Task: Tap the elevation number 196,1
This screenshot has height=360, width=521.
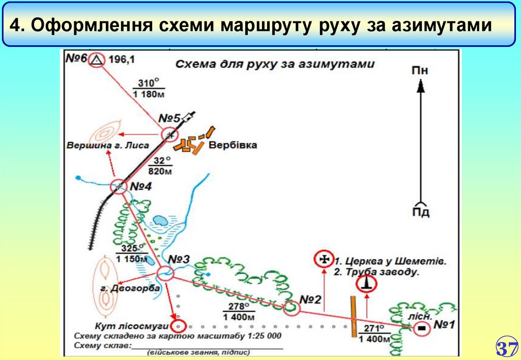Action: tap(121, 60)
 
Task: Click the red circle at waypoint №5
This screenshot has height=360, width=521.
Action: tap(169, 135)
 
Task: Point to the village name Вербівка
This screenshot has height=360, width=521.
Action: tap(233, 145)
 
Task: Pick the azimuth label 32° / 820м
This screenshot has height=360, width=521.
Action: tap(161, 166)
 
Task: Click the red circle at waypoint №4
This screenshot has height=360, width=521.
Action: tap(119, 187)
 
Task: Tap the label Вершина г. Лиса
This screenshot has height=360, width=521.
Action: tap(107, 145)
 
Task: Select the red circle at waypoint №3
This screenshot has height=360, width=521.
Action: tap(165, 274)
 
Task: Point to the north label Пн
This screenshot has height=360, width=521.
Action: tap(420, 70)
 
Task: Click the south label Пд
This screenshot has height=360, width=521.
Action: tap(420, 212)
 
